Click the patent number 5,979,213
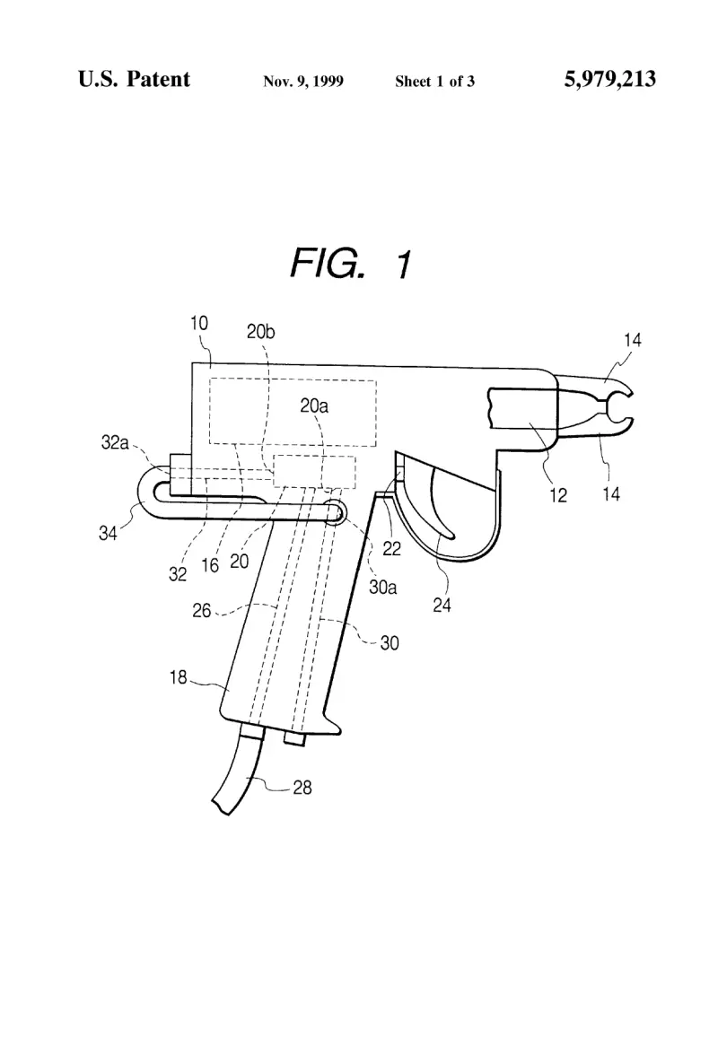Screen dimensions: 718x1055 coord(609,79)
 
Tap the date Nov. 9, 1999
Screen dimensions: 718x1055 coord(302,82)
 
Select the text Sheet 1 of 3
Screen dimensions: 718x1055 coord(434,82)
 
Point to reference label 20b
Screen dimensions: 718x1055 coord(260,332)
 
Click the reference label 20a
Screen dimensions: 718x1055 coord(314,405)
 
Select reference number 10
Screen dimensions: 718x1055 coord(199,324)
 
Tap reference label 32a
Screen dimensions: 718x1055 coord(114,442)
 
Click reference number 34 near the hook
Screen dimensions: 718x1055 coord(108,534)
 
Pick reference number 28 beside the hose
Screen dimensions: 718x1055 coord(302,788)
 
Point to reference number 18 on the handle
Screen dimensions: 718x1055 coord(178,676)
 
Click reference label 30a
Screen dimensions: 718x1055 coord(382,588)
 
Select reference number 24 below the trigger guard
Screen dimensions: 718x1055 coord(442,606)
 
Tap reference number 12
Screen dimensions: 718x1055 coord(558,496)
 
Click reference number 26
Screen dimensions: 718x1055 coord(202,610)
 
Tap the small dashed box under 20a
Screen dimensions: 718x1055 coord(314,471)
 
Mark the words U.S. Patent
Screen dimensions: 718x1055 coord(134,79)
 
